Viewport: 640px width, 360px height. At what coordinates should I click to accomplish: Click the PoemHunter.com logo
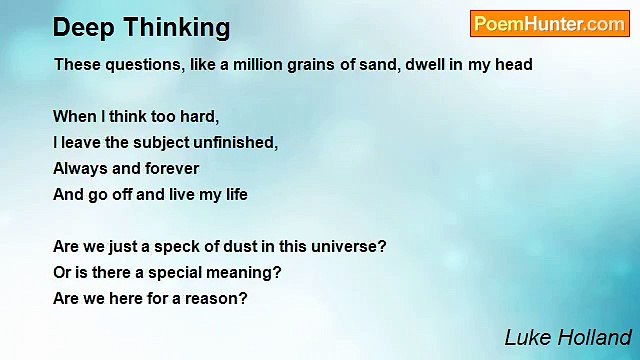pyautogui.click(x=549, y=24)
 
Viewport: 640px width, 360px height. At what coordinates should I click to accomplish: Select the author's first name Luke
pyautogui.click(x=527, y=337)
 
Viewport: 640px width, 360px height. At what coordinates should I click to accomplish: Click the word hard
pyautogui.click(x=199, y=116)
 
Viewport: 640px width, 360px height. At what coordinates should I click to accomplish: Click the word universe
pyautogui.click(x=349, y=246)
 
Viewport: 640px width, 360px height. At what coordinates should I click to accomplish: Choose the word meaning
pyautogui.click(x=245, y=272)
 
